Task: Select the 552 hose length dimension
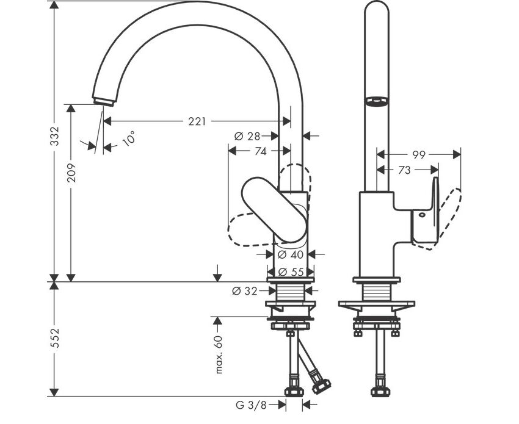point(54,339)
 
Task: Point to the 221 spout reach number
point(196,121)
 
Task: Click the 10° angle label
point(128,139)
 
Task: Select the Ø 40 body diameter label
point(291,255)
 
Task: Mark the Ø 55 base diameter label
point(291,272)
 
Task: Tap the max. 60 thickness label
point(219,354)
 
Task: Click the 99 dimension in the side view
point(418,155)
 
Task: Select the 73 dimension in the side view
point(404,171)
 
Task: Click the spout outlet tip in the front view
point(104,100)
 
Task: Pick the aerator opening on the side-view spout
point(376,101)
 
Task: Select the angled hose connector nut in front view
point(320,386)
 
